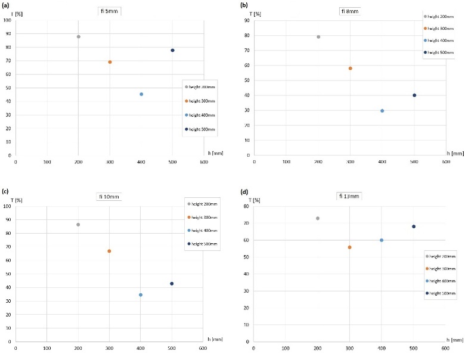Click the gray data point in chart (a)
tap(78, 37)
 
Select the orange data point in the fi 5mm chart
tap(110, 62)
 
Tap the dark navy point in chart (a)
tap(172, 50)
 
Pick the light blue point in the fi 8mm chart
tap(382, 111)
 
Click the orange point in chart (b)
tap(350, 69)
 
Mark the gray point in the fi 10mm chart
tap(78, 225)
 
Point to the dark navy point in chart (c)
tap(172, 284)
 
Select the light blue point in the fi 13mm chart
tap(382, 240)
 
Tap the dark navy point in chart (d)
tap(413, 226)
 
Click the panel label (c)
tap(5, 191)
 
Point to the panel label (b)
tap(244, 5)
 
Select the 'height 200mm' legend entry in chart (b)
tap(441, 17)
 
